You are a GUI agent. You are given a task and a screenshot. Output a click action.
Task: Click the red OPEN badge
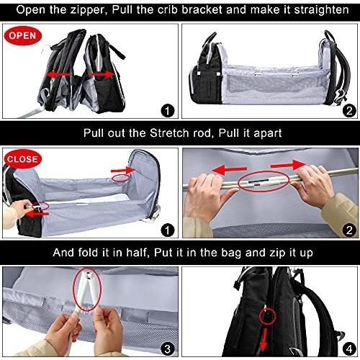point(23,36)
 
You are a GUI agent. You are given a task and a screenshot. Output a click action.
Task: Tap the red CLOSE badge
point(22,159)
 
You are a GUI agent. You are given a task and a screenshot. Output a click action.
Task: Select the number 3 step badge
point(167,348)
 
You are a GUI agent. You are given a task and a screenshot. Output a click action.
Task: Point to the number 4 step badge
point(349,348)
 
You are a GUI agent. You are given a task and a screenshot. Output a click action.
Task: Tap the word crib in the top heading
point(168,10)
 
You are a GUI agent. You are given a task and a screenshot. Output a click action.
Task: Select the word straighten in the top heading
point(321,11)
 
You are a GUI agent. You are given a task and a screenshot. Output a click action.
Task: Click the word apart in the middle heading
point(267,133)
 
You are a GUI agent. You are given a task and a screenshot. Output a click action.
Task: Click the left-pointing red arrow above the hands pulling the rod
point(230,170)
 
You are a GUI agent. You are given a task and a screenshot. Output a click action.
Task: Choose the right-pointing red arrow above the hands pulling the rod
point(288,165)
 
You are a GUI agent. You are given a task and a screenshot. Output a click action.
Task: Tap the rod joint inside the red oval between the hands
point(264,181)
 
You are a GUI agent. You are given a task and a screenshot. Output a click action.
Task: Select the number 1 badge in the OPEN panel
point(167,111)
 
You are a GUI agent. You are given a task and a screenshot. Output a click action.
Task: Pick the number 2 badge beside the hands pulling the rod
point(349,230)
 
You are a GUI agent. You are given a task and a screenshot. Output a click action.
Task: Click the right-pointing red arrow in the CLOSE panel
point(123,171)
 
